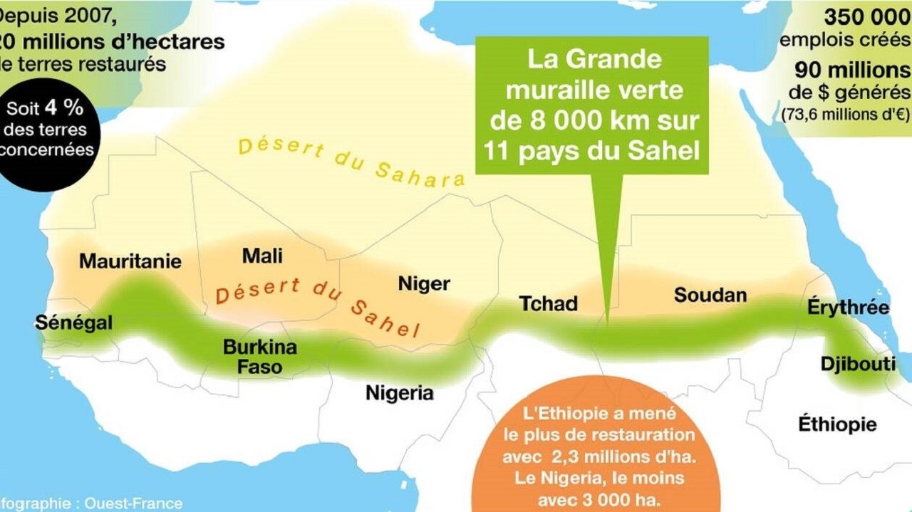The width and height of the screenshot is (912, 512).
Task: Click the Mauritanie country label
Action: pyautogui.click(x=130, y=261)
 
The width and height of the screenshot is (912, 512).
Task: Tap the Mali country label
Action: pyautogui.click(x=262, y=256)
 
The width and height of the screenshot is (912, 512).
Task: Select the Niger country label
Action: pyautogui.click(x=424, y=284)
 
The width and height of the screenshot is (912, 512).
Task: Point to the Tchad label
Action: pyautogui.click(x=548, y=304)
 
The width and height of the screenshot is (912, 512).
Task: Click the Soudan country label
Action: pyautogui.click(x=710, y=295)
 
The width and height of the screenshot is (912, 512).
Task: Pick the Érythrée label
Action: pyautogui.click(x=848, y=308)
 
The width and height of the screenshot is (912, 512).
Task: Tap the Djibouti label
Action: pyautogui.click(x=858, y=363)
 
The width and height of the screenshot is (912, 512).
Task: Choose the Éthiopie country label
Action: pyautogui.click(x=837, y=424)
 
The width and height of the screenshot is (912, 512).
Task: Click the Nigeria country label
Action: pyautogui.click(x=399, y=392)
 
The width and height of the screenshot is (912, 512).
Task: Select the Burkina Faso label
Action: pyautogui.click(x=260, y=357)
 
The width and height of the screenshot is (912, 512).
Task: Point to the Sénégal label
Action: pyautogui.click(x=73, y=323)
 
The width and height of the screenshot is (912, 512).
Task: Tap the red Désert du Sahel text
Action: pyautogui.click(x=317, y=306)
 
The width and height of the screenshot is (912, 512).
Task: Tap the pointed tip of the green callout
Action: pyautogui.click(x=607, y=313)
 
